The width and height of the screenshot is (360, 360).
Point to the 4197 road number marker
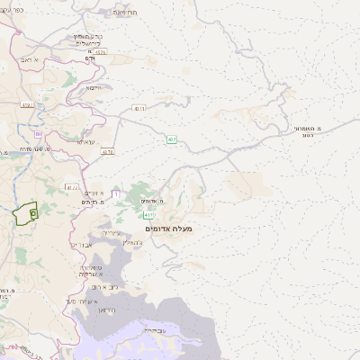(26, 105)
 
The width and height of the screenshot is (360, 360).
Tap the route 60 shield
(39, 134)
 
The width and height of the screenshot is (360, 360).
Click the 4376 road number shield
(108, 152)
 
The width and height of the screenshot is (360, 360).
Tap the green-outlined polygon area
(25, 213)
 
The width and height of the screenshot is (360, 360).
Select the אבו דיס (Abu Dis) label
(81, 245)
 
